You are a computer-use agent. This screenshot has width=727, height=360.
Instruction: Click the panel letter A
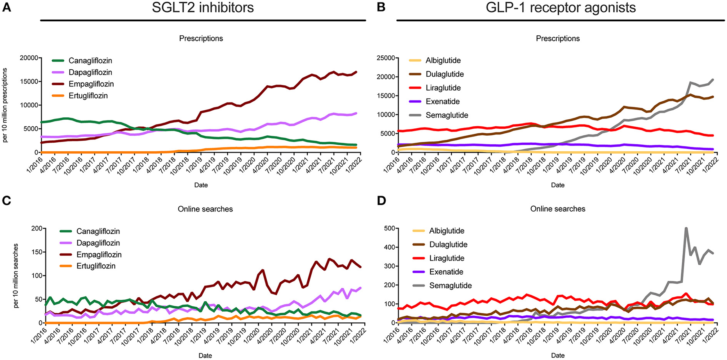click(7, 7)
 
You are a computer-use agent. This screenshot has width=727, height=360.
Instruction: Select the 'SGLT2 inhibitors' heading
click(203, 7)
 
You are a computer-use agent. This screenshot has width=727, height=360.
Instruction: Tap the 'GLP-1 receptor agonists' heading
click(560, 7)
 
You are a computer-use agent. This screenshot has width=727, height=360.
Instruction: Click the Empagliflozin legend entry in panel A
click(91, 84)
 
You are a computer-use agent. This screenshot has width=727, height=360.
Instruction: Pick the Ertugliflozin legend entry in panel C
click(96, 266)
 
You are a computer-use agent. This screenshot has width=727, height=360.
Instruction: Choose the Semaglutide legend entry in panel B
click(447, 115)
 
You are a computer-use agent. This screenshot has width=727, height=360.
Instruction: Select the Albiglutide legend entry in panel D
click(446, 231)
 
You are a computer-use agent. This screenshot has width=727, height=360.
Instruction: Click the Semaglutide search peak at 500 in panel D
click(686, 228)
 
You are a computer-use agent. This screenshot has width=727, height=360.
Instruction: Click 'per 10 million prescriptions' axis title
click(5, 105)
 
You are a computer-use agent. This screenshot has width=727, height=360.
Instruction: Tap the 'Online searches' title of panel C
click(205, 209)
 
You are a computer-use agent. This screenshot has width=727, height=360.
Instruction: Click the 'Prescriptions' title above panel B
click(558, 39)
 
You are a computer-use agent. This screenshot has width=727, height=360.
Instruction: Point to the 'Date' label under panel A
click(201, 185)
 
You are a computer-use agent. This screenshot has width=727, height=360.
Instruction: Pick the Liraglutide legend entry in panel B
click(443, 88)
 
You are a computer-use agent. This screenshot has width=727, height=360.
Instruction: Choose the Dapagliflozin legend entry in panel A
click(90, 73)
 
